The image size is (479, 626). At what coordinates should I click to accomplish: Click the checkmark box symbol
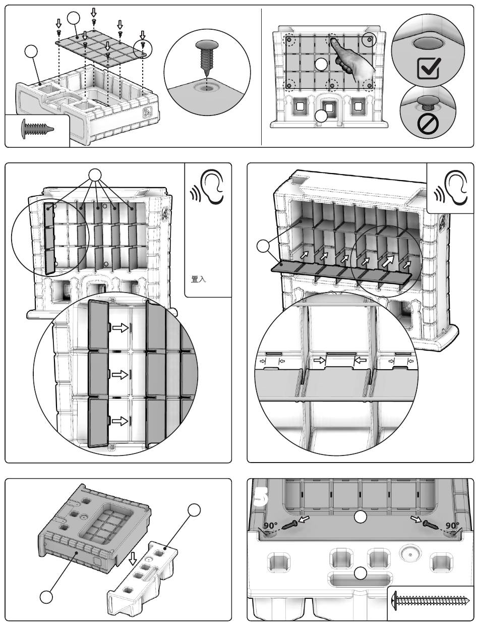point(429,68)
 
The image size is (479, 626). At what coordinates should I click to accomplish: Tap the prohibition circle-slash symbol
point(428,124)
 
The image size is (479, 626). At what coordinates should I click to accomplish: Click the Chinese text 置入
point(198,279)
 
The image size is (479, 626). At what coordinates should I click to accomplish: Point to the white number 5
point(261,497)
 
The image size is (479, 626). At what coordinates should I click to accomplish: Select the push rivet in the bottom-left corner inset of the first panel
point(38,129)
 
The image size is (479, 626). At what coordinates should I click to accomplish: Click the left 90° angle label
point(271,526)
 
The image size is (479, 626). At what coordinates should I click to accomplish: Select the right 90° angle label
point(452,526)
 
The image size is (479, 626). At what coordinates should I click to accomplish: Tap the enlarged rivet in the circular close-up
point(206,58)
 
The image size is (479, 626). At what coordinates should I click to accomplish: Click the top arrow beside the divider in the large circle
point(120,327)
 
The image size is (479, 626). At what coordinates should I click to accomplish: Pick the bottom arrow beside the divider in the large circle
point(120,421)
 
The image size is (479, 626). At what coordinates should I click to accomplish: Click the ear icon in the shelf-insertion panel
point(451,187)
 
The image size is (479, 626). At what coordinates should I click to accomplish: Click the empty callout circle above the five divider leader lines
point(95,175)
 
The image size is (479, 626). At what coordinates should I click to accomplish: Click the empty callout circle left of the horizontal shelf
point(263,246)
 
